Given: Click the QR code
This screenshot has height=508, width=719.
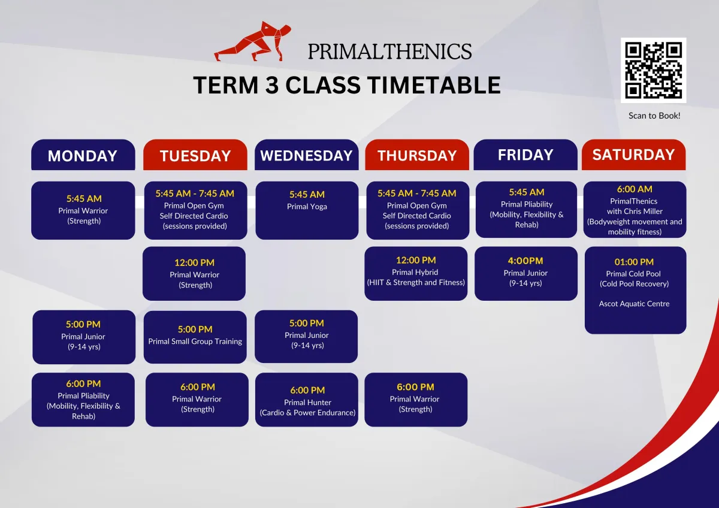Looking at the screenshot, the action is pyautogui.click(x=653, y=70).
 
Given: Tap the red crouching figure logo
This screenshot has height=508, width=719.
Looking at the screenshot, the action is pyautogui.click(x=253, y=41).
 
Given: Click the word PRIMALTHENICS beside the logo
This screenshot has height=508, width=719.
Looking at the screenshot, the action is pyautogui.click(x=389, y=52).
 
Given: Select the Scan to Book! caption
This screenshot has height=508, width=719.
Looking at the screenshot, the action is pyautogui.click(x=654, y=116).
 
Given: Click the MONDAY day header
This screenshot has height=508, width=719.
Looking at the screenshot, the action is pyautogui.click(x=83, y=156).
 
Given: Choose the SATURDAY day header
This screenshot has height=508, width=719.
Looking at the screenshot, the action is pyautogui.click(x=634, y=155).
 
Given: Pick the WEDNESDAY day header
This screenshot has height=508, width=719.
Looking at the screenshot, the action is pyautogui.click(x=307, y=156).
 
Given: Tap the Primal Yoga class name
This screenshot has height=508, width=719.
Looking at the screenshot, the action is pyautogui.click(x=307, y=206).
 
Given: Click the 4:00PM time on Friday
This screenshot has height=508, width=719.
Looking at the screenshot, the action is pyautogui.click(x=525, y=261).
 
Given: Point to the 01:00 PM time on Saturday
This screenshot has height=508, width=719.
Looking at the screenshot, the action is pyautogui.click(x=634, y=262).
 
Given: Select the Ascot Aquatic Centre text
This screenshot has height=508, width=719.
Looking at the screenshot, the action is pyautogui.click(x=634, y=304).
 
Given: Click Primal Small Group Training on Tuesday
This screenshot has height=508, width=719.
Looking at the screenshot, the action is pyautogui.click(x=195, y=341).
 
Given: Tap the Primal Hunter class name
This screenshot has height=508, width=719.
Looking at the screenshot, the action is pyautogui.click(x=307, y=402).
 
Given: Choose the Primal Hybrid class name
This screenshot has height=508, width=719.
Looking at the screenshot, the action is pyautogui.click(x=415, y=272).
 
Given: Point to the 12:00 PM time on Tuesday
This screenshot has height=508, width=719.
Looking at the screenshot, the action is pyautogui.click(x=194, y=262).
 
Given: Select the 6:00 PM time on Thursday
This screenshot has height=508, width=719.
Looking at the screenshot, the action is pyautogui.click(x=415, y=387).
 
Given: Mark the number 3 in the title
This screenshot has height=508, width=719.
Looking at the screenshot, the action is pyautogui.click(x=272, y=85).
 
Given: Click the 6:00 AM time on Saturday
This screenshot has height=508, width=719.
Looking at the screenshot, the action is pyautogui.click(x=635, y=189).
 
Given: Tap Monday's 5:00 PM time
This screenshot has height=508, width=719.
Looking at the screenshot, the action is pyautogui.click(x=83, y=324).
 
